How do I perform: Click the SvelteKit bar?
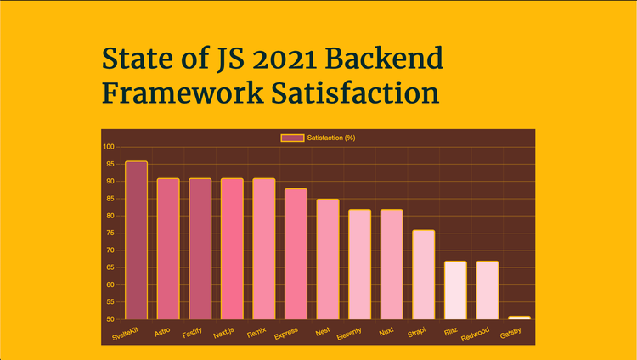pyautogui.click(x=136, y=240)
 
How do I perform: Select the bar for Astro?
pyautogui.click(x=168, y=249)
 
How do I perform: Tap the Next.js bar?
pyautogui.click(x=232, y=249)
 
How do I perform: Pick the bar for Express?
pyautogui.click(x=296, y=254)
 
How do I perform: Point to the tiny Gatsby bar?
pyautogui.click(x=519, y=318)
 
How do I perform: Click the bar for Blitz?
pyautogui.click(x=455, y=290)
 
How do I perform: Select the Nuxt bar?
pyautogui.click(x=392, y=264)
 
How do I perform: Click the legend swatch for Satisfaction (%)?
pyautogui.click(x=292, y=138)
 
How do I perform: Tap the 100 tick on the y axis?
pyautogui.click(x=109, y=147)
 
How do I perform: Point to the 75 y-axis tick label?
pyautogui.click(x=110, y=233)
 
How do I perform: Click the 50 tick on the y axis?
pyautogui.click(x=110, y=319)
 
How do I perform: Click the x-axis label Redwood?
pyautogui.click(x=476, y=334)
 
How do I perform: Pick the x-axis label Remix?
pyautogui.click(x=256, y=332)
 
